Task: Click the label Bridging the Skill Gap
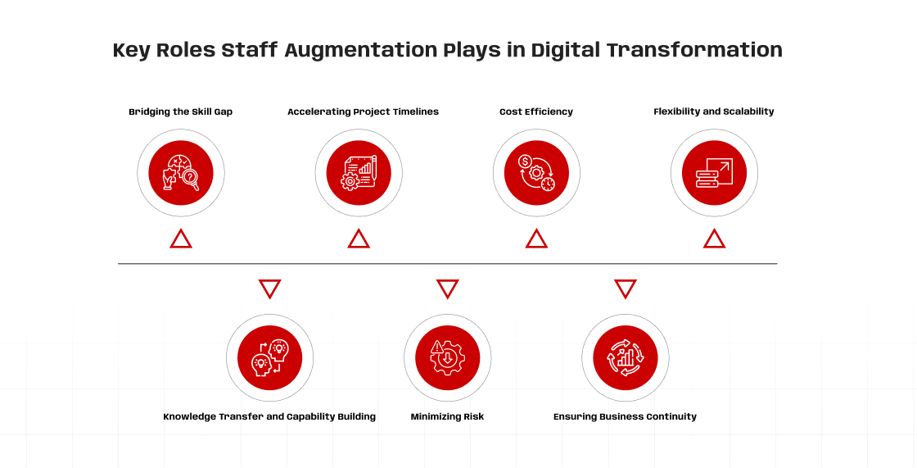(181, 111)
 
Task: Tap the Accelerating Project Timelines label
(364, 111)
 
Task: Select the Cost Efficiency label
(536, 111)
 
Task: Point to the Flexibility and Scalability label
(714, 111)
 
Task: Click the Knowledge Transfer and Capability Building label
(269, 416)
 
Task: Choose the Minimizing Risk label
(447, 416)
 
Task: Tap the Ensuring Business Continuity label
(626, 416)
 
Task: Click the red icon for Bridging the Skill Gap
(181, 173)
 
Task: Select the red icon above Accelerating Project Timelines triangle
(359, 173)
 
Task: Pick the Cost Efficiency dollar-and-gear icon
(536, 173)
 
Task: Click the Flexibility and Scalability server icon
(714, 173)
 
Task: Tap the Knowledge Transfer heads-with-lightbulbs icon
(269, 358)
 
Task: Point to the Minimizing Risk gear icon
(447, 358)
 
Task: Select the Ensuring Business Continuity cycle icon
(626, 358)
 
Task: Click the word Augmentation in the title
(361, 50)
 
